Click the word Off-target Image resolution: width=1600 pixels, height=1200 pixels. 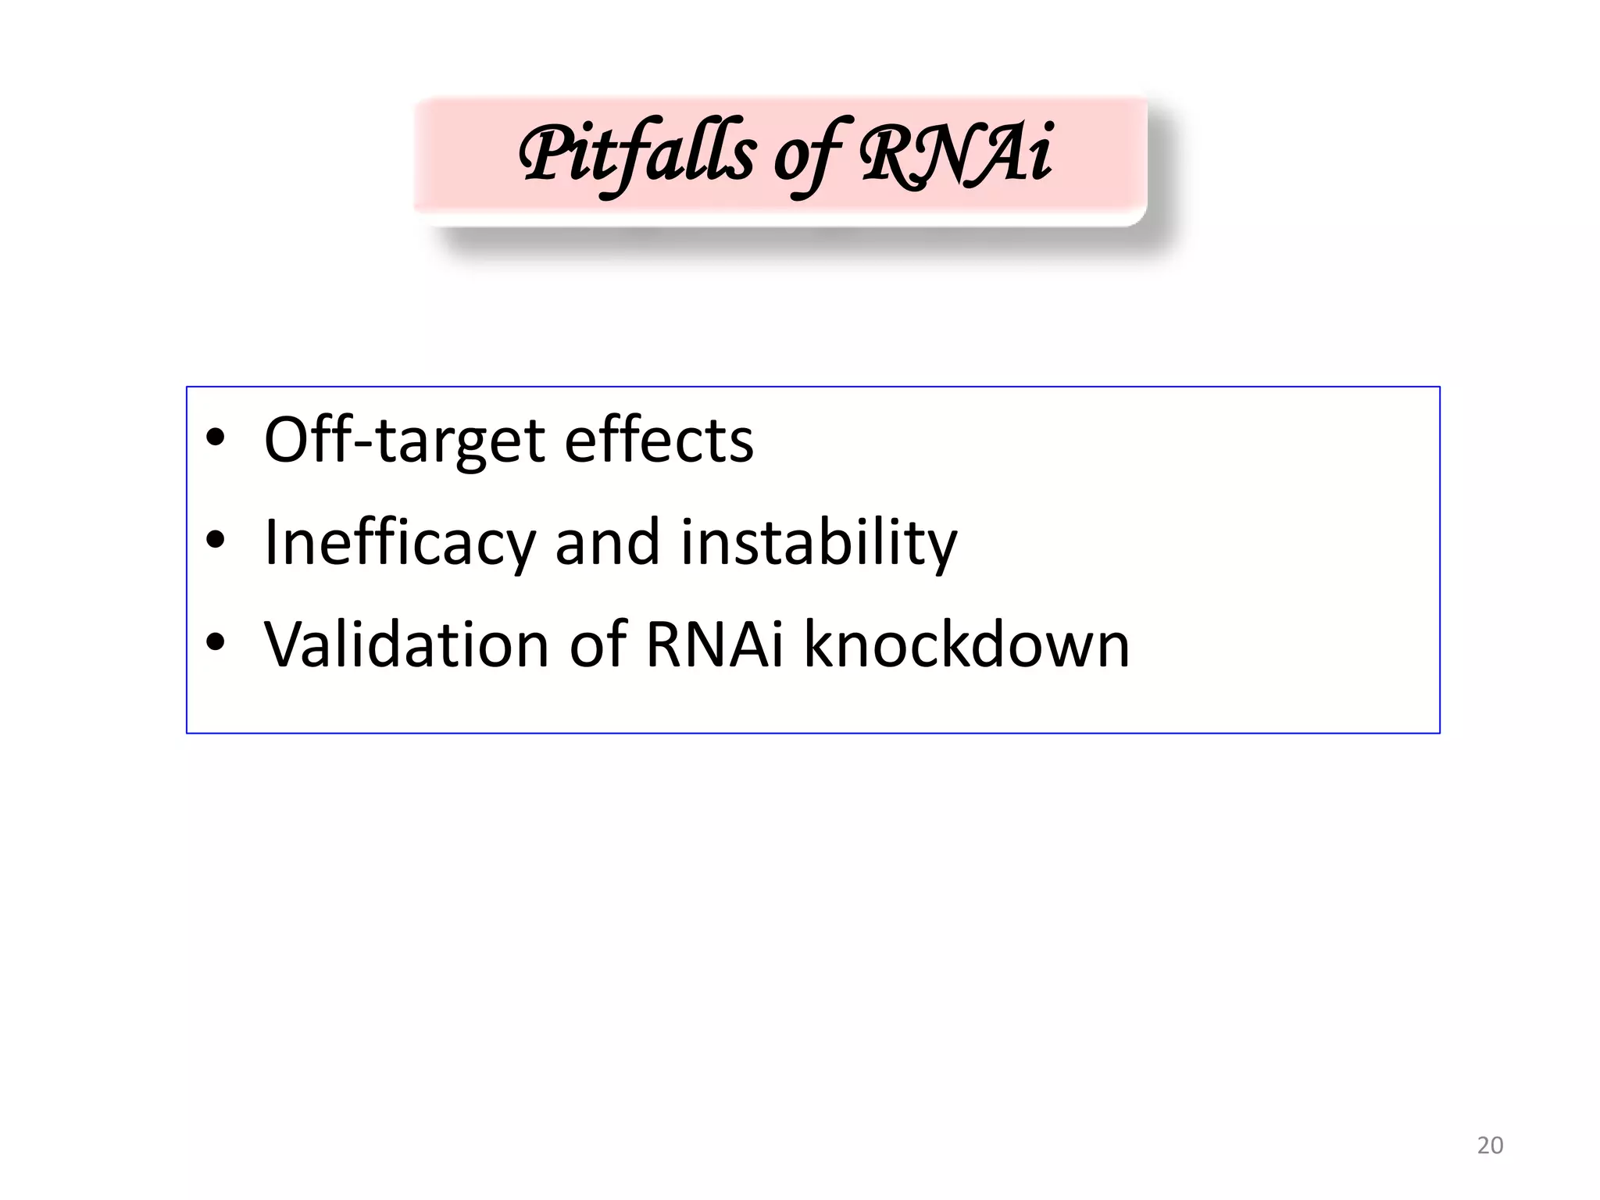point(404,441)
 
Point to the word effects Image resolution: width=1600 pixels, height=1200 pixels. point(659,439)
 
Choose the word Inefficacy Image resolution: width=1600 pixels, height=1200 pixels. point(399,544)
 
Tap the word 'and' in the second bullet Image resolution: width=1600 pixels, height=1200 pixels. point(607,542)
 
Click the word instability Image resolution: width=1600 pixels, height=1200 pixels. point(819,544)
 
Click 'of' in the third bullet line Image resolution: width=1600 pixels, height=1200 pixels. point(598,645)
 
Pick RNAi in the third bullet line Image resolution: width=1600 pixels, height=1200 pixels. point(714,645)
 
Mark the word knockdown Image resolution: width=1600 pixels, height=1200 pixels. point(966,645)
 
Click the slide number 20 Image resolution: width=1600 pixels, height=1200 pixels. point(1490,1145)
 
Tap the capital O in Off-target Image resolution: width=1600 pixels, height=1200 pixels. point(294,441)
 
